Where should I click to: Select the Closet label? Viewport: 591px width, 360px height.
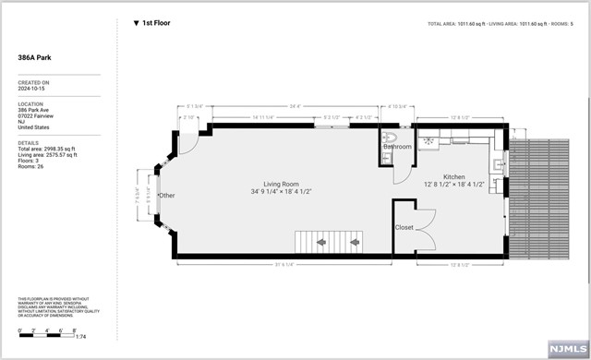(404, 226)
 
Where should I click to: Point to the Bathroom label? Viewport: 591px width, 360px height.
(398, 147)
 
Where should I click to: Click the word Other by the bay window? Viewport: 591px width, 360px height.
(166, 196)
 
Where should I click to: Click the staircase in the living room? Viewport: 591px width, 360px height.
(328, 242)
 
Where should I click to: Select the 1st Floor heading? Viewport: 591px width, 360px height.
(157, 22)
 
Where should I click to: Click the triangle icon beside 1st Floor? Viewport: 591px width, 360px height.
(137, 22)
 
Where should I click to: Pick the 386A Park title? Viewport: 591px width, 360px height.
(37, 56)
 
